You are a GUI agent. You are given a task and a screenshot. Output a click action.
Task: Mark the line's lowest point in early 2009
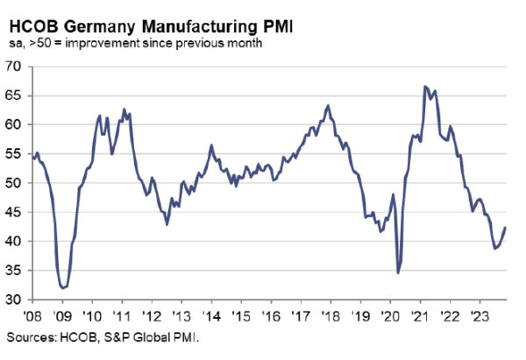[63, 287]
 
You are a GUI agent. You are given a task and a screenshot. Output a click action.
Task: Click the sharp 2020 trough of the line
[398, 273]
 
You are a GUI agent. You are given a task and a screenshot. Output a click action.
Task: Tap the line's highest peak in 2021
[425, 86]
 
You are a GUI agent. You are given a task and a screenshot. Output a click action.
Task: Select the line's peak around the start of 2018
[328, 105]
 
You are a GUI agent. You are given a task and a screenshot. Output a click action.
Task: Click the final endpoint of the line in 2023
[505, 228]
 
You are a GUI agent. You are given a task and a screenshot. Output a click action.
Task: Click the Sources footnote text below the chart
[103, 335]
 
